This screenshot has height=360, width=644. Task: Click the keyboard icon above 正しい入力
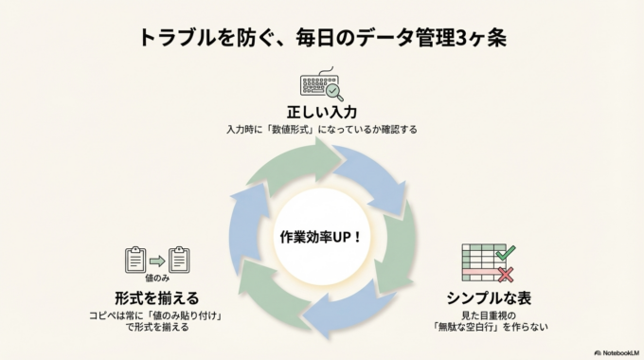click(x=318, y=84)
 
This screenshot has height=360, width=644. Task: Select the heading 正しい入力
click(x=321, y=112)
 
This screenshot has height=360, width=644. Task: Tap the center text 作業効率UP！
click(x=321, y=234)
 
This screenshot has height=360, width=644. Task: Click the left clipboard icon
click(x=134, y=260)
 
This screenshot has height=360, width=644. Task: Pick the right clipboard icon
click(x=179, y=260)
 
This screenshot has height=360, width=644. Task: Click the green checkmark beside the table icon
click(x=505, y=252)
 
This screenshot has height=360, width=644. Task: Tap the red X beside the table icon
click(x=506, y=275)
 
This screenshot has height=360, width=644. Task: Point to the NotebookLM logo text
click(x=612, y=351)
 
